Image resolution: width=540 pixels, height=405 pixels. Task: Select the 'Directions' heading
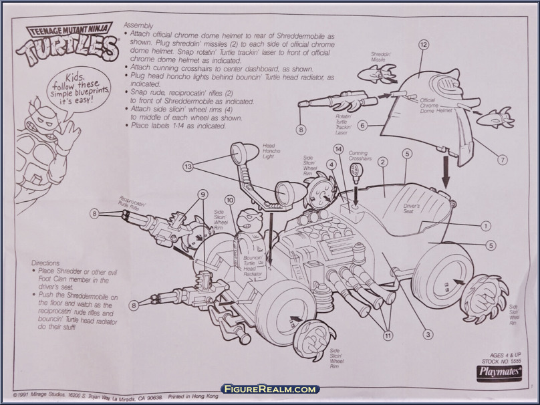(47, 263)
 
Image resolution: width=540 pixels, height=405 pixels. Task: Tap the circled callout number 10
(229, 200)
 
